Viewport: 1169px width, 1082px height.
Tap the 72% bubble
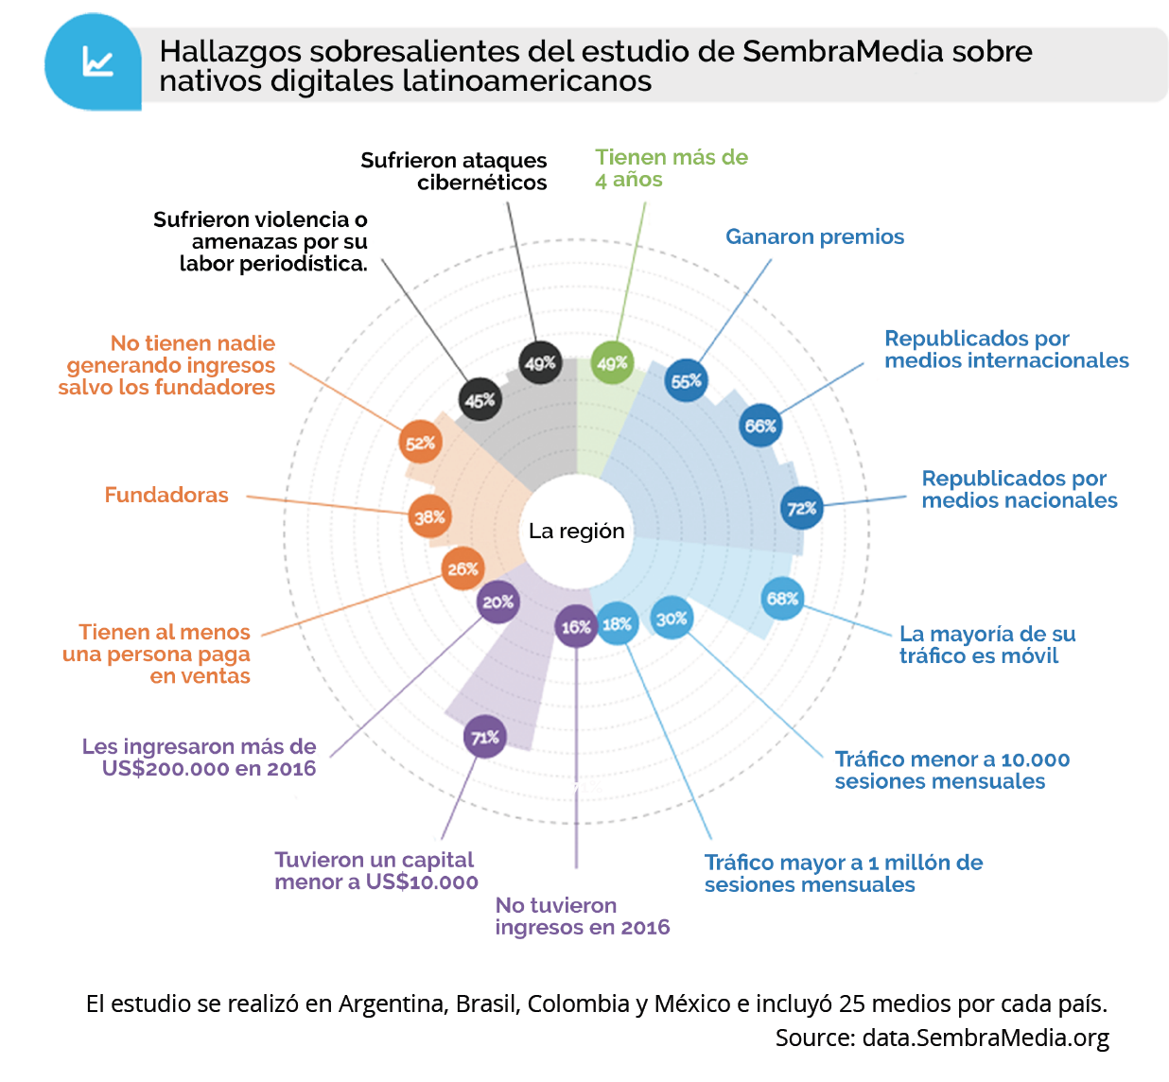[802, 508]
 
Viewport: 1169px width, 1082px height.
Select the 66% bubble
[760, 426]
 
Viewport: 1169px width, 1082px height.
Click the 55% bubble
[687, 380]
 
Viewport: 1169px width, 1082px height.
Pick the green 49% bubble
[612, 363]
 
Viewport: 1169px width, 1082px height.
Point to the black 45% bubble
[480, 400]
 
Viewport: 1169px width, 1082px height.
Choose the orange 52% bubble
[420, 443]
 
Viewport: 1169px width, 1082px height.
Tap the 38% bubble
[429, 516]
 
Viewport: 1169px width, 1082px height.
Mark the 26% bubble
[462, 568]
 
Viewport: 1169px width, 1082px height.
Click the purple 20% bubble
[497, 602]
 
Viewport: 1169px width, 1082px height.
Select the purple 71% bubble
[485, 737]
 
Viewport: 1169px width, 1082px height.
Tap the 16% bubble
[575, 626]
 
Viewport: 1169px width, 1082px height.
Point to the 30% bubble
[672, 619]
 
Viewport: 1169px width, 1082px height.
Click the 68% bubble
[783, 598]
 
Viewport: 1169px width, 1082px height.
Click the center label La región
[576, 531]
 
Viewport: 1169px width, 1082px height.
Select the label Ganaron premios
[814, 236]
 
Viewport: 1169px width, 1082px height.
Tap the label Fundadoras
[166, 495]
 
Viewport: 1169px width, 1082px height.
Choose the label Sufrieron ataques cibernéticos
[454, 171]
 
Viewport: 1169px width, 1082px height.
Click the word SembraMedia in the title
[843, 51]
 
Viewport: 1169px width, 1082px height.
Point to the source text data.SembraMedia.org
[986, 1038]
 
